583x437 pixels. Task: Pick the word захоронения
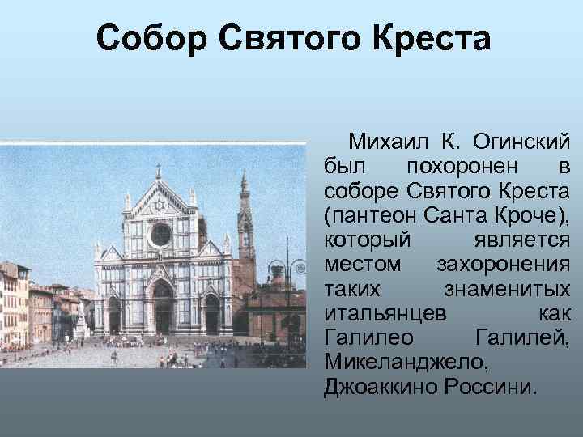[x=503, y=265]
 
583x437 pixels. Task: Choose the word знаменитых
[x=507, y=290]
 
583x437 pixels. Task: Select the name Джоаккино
[x=380, y=386]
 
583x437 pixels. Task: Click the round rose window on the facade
[x=160, y=235]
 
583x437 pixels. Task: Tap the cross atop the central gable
[x=158, y=171]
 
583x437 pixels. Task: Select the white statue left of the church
[x=81, y=320]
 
